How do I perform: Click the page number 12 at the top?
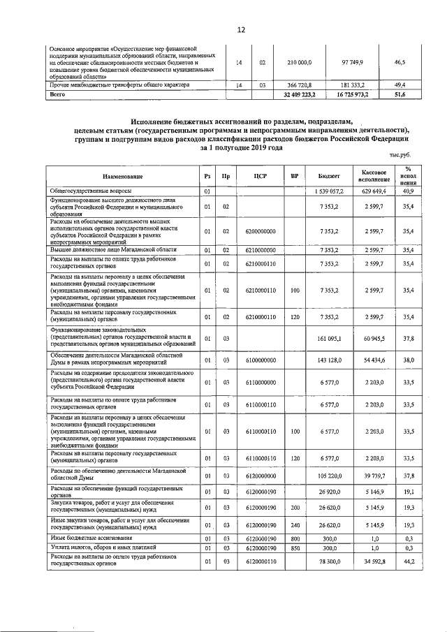coord(242,29)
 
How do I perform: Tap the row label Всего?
coord(57,94)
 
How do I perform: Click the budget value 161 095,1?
coord(329,339)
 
